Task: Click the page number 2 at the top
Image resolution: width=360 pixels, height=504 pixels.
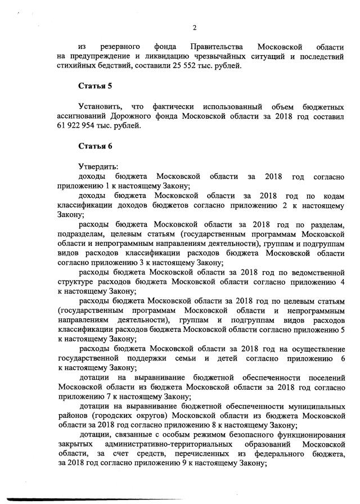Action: tap(194, 28)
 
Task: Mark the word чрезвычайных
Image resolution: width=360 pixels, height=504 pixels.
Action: tap(219, 56)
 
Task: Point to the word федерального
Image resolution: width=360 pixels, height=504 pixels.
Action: tap(265, 453)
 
